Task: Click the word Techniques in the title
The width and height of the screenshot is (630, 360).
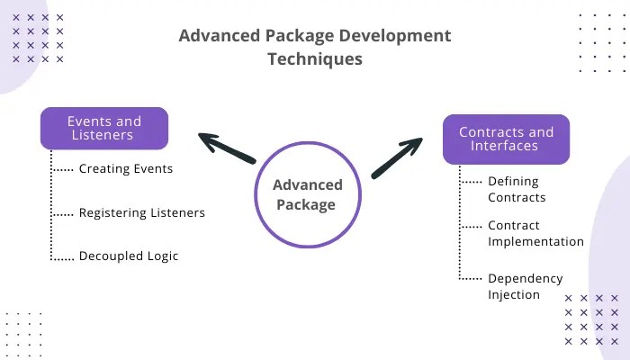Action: [315, 59]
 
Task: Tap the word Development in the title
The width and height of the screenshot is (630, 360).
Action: [395, 36]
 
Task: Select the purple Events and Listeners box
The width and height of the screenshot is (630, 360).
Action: [104, 128]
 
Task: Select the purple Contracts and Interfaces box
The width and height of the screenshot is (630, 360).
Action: [506, 139]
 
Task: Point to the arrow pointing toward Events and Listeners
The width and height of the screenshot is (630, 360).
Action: [227, 148]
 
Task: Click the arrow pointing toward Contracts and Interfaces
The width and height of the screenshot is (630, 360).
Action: [397, 158]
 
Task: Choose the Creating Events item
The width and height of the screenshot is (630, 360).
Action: [126, 169]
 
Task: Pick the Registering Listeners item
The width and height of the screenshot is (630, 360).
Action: [142, 212]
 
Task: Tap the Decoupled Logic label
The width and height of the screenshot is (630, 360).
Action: [129, 256]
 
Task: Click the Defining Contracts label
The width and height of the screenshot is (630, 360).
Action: [517, 189]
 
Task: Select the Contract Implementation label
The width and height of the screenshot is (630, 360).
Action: [536, 233]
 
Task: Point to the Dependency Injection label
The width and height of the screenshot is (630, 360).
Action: [526, 286]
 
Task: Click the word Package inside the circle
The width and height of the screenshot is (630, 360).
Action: [306, 205]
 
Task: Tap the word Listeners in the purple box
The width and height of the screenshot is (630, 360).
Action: [103, 135]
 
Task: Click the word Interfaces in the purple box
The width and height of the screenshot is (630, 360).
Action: [504, 146]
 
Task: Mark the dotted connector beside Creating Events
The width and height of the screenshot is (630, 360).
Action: [63, 170]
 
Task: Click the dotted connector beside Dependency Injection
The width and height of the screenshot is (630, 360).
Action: [471, 278]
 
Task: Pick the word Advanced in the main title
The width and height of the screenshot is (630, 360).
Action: [220, 36]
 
